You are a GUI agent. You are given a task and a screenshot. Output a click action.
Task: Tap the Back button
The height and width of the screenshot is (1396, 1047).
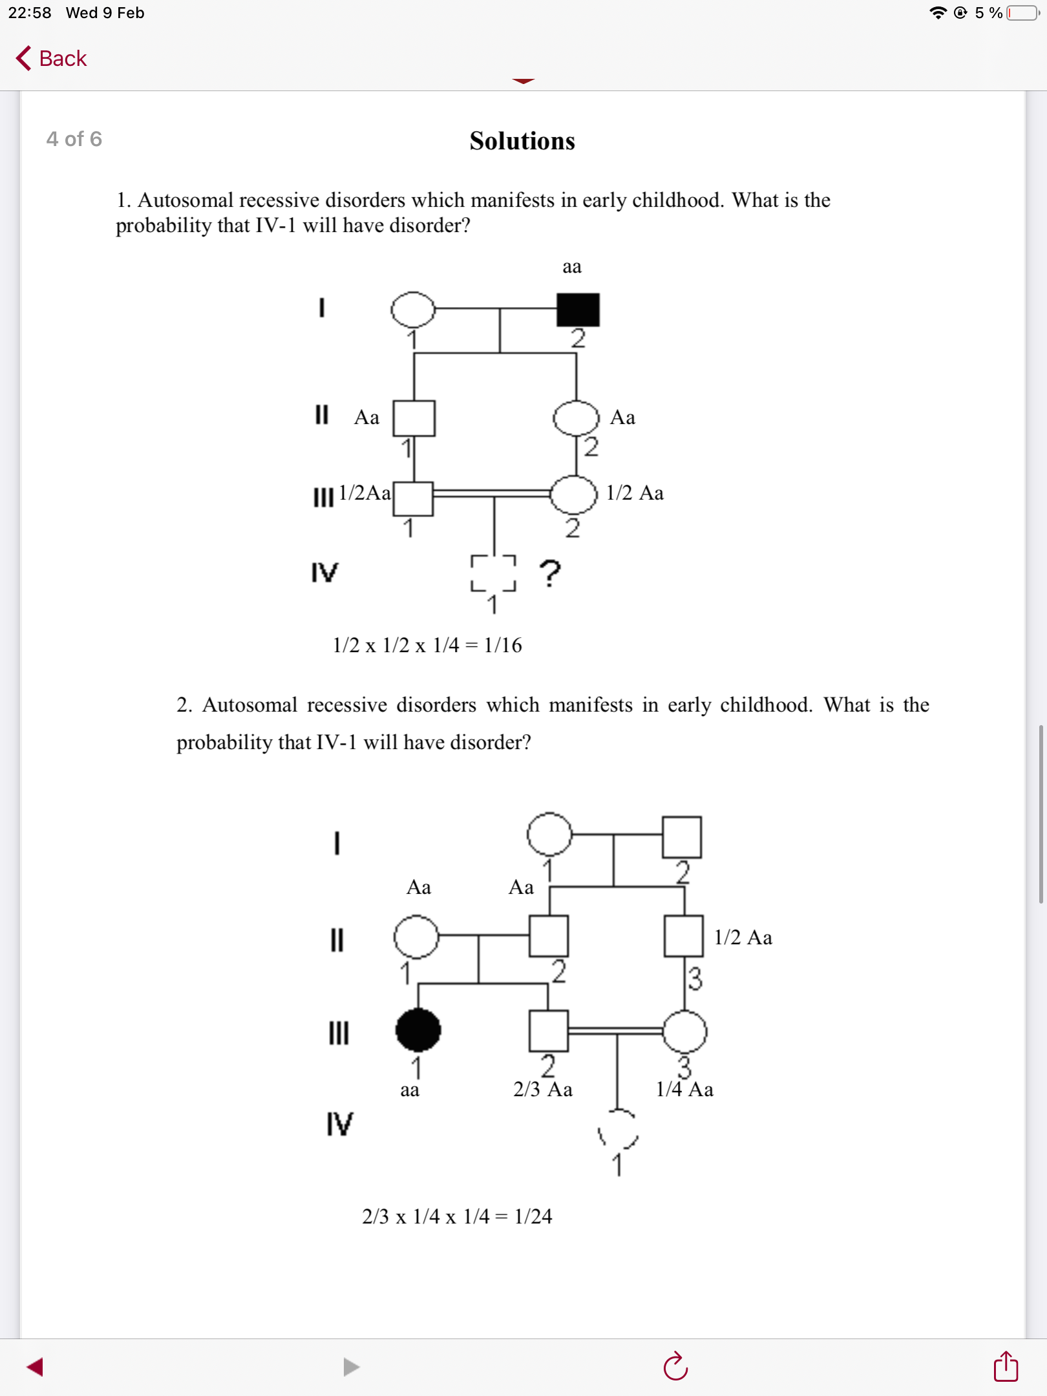(51, 58)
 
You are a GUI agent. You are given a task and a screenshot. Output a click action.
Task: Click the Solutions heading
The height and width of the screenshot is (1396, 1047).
(522, 141)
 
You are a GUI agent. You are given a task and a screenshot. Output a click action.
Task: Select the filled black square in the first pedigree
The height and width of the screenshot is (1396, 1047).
(578, 310)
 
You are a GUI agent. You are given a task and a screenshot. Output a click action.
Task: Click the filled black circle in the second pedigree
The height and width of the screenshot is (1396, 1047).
(418, 1030)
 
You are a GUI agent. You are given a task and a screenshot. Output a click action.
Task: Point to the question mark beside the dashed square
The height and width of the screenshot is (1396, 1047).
(550, 573)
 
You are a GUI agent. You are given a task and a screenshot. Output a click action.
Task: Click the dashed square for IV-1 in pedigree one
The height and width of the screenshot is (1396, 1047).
(493, 573)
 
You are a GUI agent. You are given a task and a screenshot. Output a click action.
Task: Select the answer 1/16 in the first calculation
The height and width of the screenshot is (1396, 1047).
(503, 645)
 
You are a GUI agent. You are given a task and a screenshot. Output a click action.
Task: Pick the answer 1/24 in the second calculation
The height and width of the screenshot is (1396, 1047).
(533, 1216)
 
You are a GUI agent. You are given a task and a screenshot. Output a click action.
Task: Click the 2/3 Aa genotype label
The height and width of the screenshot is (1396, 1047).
(543, 1090)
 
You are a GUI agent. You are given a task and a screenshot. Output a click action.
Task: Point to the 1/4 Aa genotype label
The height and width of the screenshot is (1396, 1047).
(684, 1090)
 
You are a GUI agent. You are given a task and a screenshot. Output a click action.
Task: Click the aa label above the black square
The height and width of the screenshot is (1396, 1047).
(572, 267)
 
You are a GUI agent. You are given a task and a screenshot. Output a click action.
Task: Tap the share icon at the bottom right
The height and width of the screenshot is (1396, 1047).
(1006, 1366)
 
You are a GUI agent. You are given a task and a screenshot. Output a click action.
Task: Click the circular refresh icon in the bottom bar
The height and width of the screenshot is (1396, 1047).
(675, 1366)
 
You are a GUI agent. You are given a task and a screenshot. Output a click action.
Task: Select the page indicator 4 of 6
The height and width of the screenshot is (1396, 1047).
(74, 139)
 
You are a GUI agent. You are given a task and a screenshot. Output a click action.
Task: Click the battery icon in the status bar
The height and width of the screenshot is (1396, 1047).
(1022, 13)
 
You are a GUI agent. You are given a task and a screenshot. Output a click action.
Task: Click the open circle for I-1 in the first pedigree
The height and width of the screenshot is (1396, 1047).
(413, 310)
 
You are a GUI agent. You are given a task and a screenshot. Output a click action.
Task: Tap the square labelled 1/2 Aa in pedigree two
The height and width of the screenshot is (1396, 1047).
(683, 936)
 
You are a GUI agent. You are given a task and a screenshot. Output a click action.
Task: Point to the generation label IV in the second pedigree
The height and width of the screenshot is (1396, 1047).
(339, 1124)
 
